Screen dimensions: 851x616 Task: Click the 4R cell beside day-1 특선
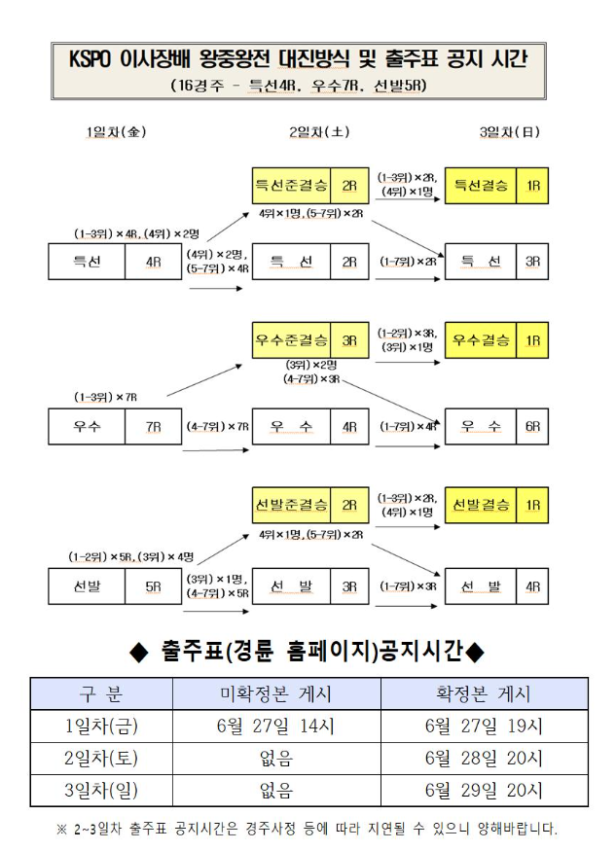coord(153,262)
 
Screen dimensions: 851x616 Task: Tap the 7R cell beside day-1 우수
coord(153,426)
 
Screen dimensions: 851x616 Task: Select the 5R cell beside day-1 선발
coord(153,586)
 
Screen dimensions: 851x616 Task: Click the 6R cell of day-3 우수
coord(532,426)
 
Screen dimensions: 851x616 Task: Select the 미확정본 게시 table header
coord(276,694)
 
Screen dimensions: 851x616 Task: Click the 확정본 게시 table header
coord(484,694)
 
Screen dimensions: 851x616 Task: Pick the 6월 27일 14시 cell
coord(276,727)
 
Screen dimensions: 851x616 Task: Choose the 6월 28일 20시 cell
coord(484,759)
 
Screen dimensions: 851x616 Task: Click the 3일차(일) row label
coord(101,791)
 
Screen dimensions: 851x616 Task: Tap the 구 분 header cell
coord(101,694)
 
